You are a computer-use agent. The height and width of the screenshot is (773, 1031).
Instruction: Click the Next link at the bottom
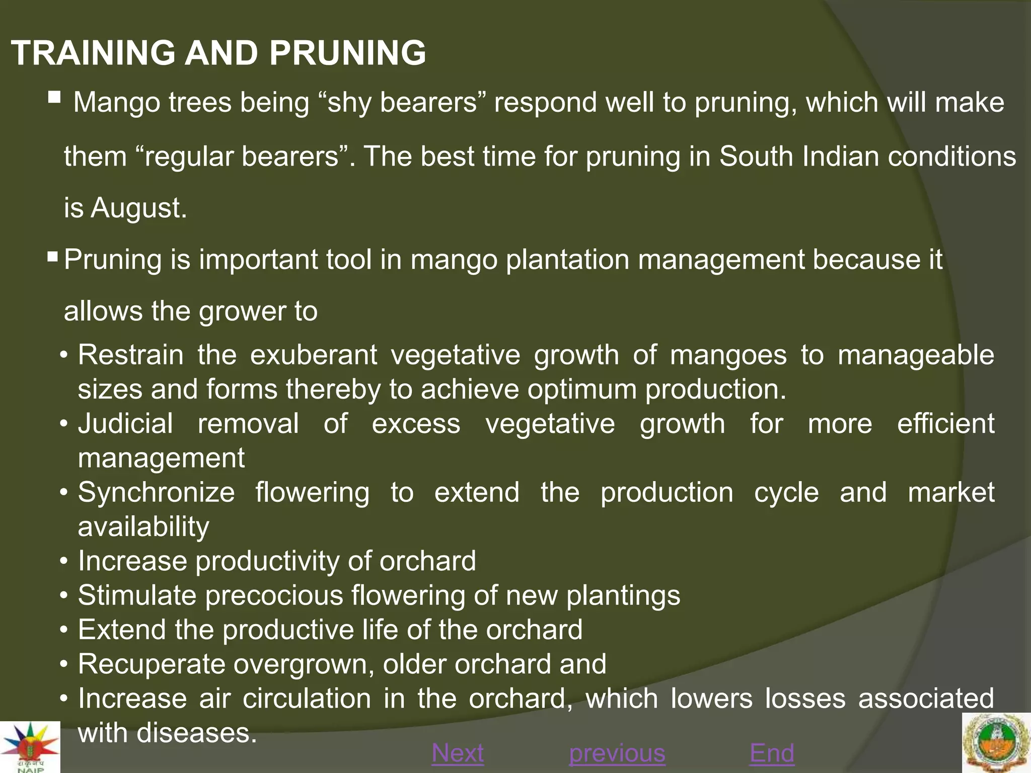(458, 753)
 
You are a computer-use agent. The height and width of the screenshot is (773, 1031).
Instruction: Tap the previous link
(617, 753)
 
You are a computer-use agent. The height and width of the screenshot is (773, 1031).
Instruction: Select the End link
(772, 753)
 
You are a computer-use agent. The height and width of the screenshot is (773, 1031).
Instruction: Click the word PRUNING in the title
(347, 53)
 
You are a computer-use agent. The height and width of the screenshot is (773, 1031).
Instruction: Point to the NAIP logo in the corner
(30, 747)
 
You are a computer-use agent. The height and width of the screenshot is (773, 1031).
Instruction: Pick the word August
(138, 208)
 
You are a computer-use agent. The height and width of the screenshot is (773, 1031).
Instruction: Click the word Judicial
(125, 423)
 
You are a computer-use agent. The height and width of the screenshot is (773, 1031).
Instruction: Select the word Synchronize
(156, 492)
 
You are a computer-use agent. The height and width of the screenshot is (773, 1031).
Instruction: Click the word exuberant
(313, 355)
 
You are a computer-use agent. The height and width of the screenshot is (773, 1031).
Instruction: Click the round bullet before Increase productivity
(63, 561)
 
